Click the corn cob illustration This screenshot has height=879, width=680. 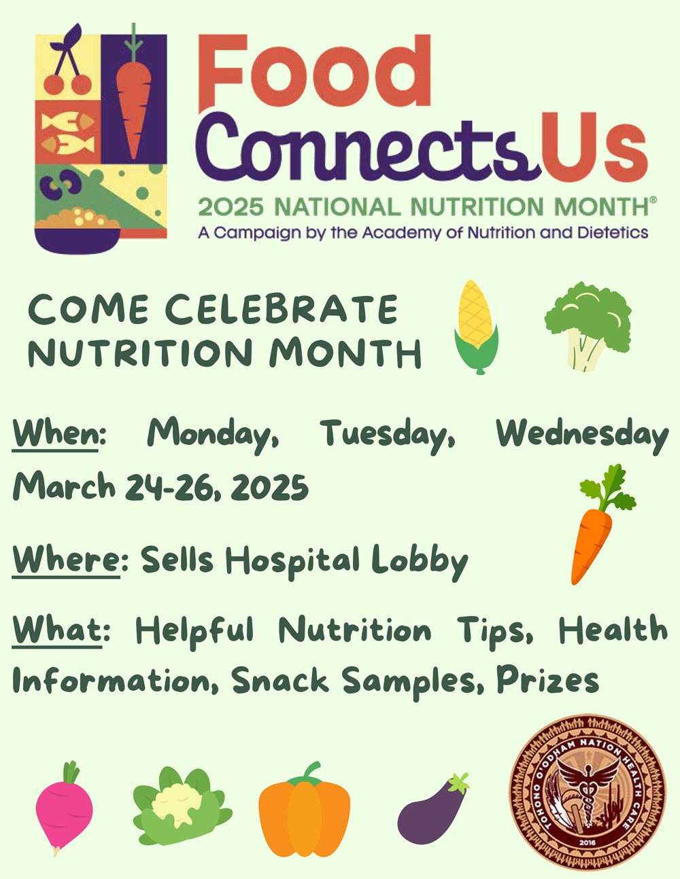(x=477, y=327)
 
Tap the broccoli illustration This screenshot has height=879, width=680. (x=588, y=326)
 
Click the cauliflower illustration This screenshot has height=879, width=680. (x=182, y=806)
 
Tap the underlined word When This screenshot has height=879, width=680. (x=56, y=433)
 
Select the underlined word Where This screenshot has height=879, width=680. (x=67, y=560)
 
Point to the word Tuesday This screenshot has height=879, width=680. (x=388, y=435)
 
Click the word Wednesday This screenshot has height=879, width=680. (x=582, y=435)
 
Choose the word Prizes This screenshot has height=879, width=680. (x=547, y=679)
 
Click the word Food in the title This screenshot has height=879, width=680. (x=314, y=72)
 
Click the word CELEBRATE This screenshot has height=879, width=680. (x=282, y=310)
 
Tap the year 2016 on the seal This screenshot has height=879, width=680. (x=588, y=842)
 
